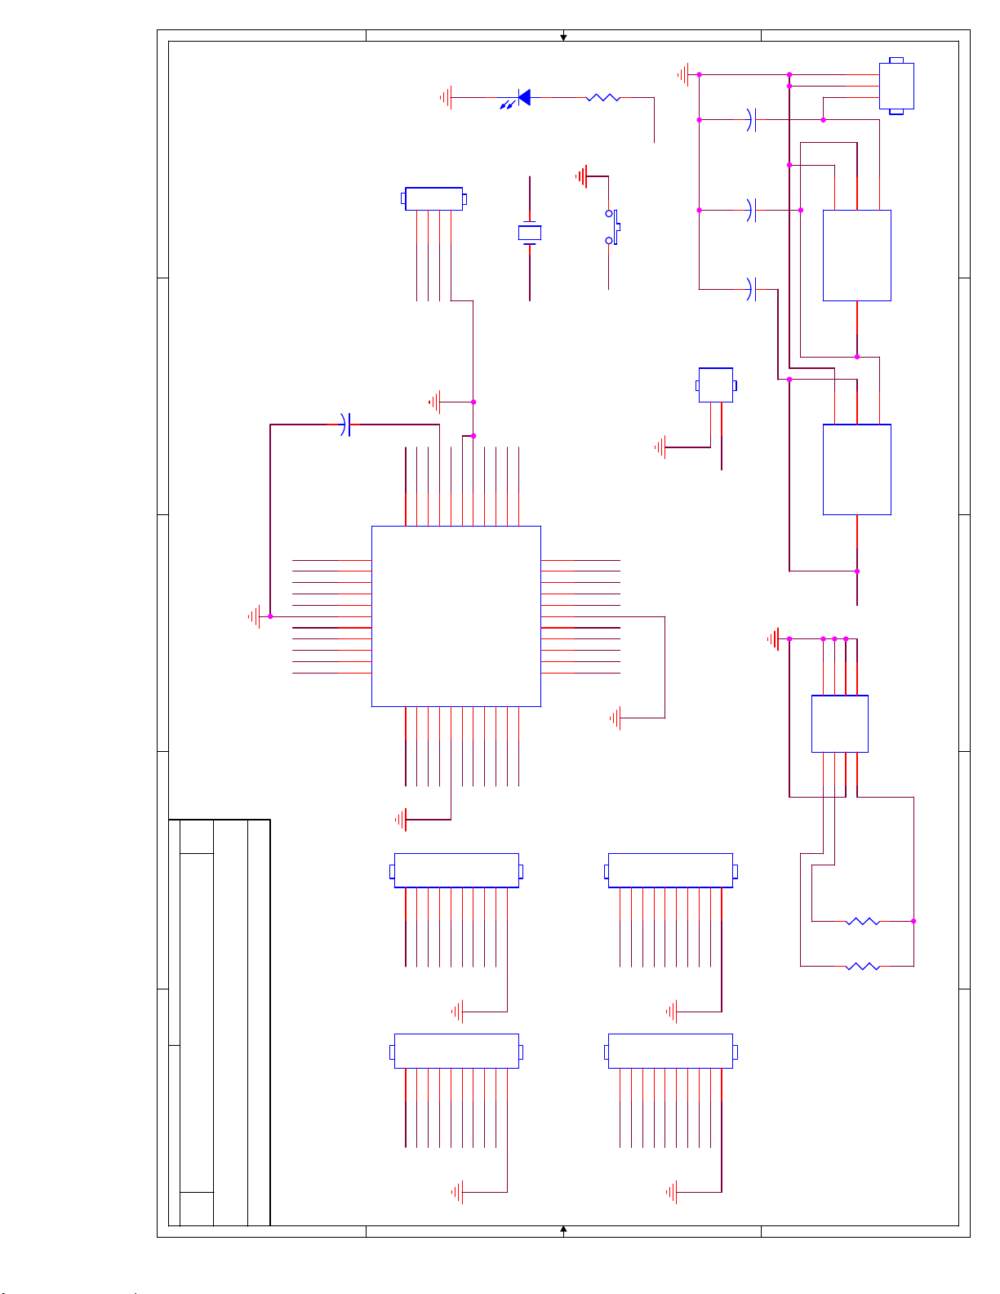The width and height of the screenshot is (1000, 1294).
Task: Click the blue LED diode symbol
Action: point(524,98)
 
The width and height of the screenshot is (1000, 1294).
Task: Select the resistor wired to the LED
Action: point(603,98)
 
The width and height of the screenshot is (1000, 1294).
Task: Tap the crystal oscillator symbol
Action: point(530,233)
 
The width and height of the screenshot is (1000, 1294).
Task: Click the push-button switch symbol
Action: point(612,227)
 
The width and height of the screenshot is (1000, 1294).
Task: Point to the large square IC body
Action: point(456,616)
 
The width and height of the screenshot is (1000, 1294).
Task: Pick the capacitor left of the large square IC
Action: point(346,425)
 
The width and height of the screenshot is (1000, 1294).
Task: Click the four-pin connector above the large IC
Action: point(433,198)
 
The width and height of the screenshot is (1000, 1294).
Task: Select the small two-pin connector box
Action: point(716,385)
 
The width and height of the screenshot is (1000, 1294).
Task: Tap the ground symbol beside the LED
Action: point(446,98)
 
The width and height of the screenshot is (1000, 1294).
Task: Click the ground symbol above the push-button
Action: point(581,176)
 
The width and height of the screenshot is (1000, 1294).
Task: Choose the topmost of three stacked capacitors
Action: point(752,120)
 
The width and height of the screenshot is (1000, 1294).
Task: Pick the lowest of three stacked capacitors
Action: point(752,289)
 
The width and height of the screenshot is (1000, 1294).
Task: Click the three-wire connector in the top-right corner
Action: point(896,86)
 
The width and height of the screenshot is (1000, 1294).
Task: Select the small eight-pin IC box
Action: point(839,723)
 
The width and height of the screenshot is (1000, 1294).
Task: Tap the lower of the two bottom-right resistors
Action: point(863,967)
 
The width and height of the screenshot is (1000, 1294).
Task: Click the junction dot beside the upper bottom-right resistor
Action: point(913,921)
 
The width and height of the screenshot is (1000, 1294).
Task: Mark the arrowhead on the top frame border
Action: point(563,37)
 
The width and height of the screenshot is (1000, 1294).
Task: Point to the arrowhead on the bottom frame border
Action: point(563,1230)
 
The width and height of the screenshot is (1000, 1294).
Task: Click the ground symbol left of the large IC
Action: point(255,616)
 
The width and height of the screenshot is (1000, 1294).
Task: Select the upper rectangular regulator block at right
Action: point(856,256)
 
